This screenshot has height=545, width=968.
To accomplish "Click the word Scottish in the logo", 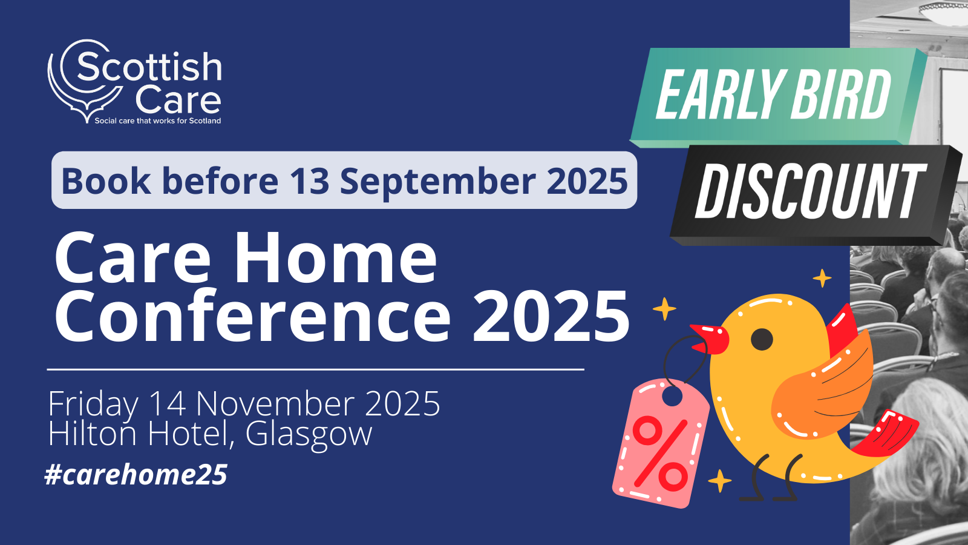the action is click(x=149, y=67).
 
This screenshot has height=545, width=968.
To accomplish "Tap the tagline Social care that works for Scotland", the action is click(x=158, y=121).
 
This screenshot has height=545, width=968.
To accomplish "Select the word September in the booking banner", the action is click(x=438, y=182).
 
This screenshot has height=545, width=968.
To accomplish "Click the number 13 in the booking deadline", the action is click(x=309, y=181).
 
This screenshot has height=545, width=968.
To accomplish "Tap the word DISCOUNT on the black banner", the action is click(x=811, y=191).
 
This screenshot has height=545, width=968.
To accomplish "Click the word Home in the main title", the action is click(x=336, y=258).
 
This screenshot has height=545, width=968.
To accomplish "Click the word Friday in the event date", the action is click(x=93, y=404).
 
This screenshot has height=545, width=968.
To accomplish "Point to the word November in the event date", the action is click(x=279, y=403).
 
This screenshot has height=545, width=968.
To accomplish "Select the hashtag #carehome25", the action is click(x=136, y=475).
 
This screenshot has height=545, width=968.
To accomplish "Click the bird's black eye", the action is click(x=762, y=339).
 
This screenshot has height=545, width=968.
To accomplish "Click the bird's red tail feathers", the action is click(x=886, y=435).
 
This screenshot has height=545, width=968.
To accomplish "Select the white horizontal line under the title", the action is click(x=315, y=370).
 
